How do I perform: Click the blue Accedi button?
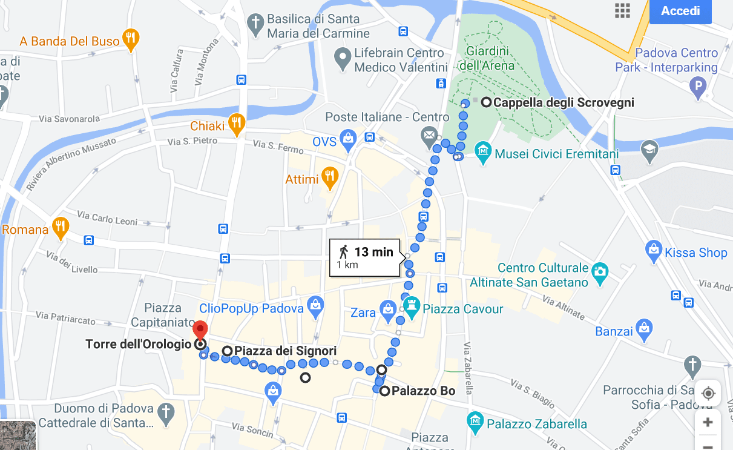click(680, 12)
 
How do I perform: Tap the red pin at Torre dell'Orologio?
click(200, 331)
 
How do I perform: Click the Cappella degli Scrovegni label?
click(563, 102)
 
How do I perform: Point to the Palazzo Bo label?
click(423, 391)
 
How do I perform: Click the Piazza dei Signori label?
click(284, 351)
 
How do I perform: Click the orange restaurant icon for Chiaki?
click(237, 124)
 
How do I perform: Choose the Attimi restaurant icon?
click(330, 176)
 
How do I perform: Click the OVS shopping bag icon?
click(348, 139)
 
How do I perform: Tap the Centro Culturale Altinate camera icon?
click(599, 270)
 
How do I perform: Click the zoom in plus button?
click(708, 422)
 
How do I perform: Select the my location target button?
click(708, 394)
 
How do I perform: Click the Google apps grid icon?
click(622, 11)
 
